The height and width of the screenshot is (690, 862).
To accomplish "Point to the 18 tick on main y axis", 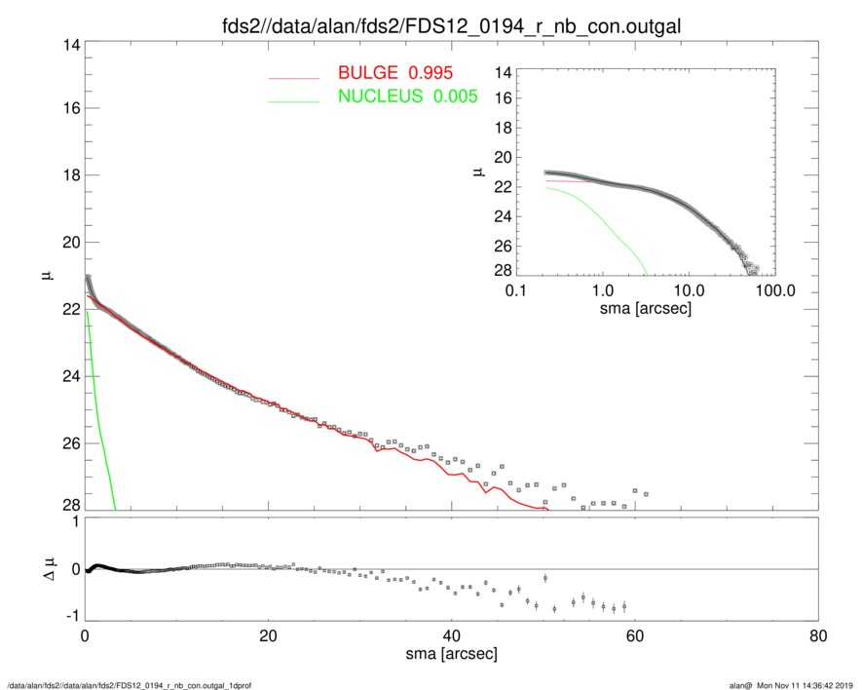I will point(70,175).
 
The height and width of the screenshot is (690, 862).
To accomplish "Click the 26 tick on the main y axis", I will point(70,443).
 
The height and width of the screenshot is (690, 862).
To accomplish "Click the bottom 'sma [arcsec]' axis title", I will point(451,656).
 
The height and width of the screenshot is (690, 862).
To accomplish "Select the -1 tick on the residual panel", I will point(71,616).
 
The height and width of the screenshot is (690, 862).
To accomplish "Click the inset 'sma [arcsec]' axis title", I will point(645,307).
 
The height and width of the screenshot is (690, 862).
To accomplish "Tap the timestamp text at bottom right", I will point(790,685).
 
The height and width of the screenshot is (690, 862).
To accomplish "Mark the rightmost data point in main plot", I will point(645,494).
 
